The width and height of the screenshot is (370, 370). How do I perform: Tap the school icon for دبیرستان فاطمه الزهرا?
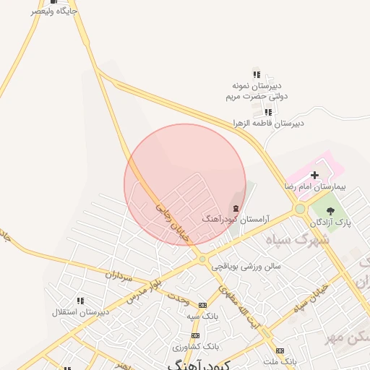(x=269, y=112)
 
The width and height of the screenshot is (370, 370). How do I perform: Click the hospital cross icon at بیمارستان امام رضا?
(x=314, y=174)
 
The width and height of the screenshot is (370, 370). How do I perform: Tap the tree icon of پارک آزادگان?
(x=331, y=211)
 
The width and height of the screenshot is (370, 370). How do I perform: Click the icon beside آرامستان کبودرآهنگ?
(x=236, y=208)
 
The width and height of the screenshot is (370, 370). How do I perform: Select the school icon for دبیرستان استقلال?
(x=80, y=301)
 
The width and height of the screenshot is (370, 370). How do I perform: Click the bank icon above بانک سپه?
(x=202, y=305)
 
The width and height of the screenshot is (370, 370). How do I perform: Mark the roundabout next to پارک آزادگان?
(x=299, y=209)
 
